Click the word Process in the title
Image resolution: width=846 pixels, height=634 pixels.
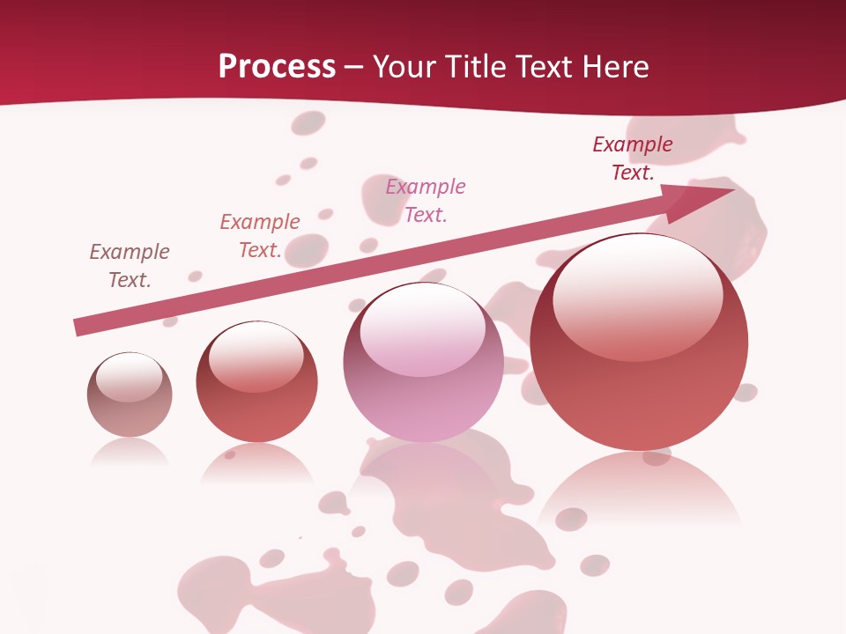277,67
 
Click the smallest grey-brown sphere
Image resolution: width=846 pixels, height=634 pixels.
130,395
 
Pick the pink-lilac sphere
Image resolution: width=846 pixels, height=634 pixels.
423,363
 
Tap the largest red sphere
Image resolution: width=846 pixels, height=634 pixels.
639,343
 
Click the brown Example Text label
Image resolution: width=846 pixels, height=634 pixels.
130,266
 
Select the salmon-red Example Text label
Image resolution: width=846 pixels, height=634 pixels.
260,236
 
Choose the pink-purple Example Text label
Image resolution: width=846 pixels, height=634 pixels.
426,200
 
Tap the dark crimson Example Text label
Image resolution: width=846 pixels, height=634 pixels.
632,158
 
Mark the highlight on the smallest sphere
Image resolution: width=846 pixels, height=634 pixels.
129,376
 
